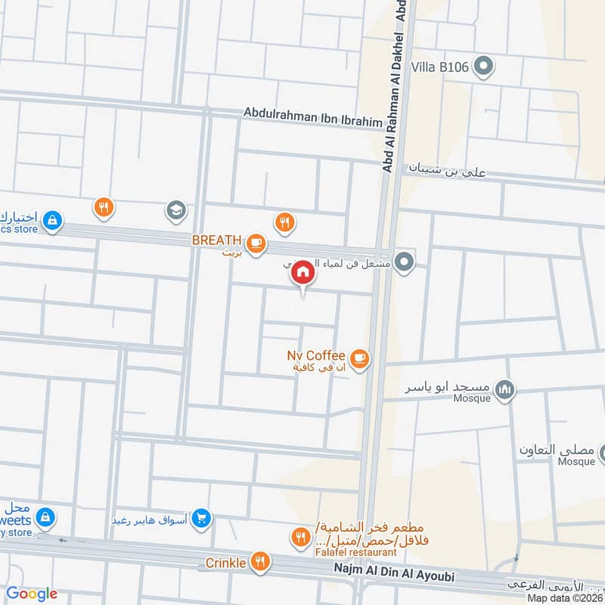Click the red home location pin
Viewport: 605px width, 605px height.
(302, 272)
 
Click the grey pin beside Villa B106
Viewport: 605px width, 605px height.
(484, 67)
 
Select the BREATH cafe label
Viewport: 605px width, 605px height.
(216, 240)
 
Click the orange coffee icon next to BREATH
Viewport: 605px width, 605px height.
(257, 242)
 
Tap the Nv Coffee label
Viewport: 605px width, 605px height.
(315, 355)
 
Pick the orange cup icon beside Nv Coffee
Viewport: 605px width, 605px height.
(359, 358)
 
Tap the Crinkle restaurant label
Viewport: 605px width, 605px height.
(225, 563)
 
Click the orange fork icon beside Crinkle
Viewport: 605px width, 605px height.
(260, 560)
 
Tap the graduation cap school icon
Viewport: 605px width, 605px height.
(176, 211)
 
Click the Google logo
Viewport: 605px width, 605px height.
(32, 594)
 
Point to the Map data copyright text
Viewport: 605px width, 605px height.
(563, 597)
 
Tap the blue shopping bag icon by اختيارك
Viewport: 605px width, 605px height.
(51, 220)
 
